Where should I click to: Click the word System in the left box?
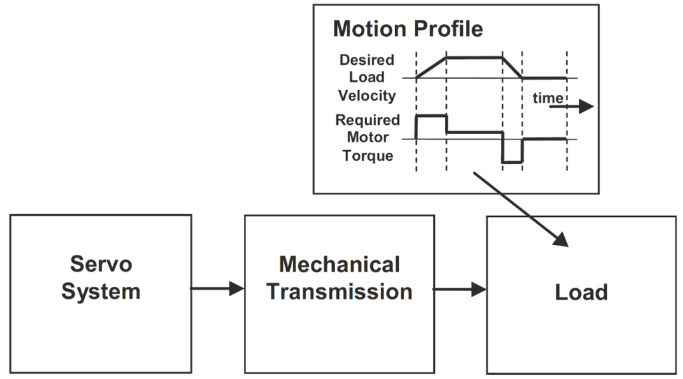(x=101, y=292)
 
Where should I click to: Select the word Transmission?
(x=339, y=292)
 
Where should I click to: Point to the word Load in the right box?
(x=582, y=292)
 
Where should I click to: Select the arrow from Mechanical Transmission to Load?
(x=461, y=289)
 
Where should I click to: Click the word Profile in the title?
(x=452, y=29)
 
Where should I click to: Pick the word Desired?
(x=367, y=60)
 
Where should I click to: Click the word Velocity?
(x=367, y=95)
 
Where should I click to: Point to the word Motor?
(x=372, y=138)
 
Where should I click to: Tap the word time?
(x=547, y=99)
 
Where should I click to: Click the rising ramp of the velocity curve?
(x=431, y=67)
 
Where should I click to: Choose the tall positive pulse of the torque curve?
(x=432, y=116)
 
